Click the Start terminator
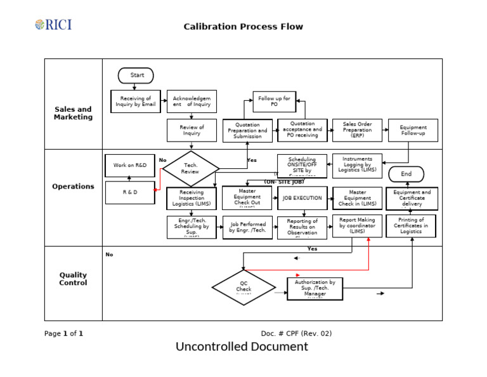(x=136, y=76)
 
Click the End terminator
(x=406, y=174)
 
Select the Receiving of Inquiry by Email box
(x=136, y=102)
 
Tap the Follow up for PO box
(x=275, y=102)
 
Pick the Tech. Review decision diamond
(x=190, y=169)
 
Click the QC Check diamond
(x=243, y=287)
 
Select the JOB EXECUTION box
(x=302, y=198)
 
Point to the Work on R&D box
(x=129, y=166)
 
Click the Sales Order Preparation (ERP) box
(x=357, y=130)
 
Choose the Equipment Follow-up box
(x=413, y=130)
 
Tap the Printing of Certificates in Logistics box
(x=411, y=226)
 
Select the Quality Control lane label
(x=73, y=279)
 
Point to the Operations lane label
(x=73, y=187)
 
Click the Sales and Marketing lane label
(x=73, y=113)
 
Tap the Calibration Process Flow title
(x=243, y=27)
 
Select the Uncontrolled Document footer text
(x=242, y=347)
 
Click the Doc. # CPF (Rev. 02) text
(x=296, y=333)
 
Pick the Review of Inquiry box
(x=192, y=130)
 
